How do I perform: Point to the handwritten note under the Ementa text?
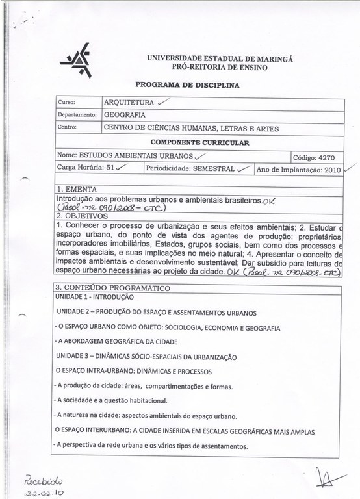pos(112,208)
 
